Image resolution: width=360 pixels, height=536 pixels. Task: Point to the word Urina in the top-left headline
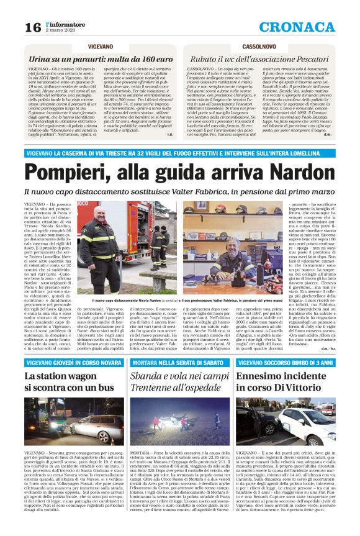tap(39, 58)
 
